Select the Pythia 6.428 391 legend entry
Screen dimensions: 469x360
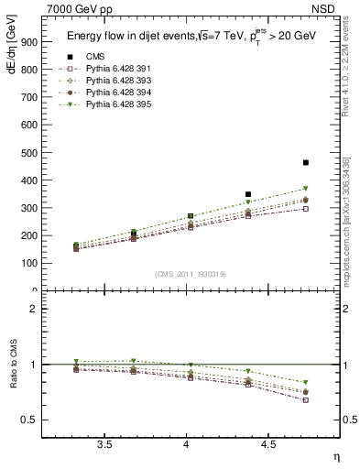115,70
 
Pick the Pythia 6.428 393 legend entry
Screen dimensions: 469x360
115,82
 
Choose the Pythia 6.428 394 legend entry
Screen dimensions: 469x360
115,93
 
